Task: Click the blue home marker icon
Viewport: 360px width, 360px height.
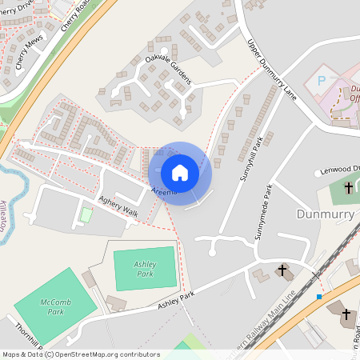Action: (179, 172)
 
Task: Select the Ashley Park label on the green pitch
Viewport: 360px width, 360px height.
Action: (144, 268)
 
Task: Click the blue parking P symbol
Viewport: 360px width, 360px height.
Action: (322, 81)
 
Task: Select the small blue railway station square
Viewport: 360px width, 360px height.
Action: (319, 297)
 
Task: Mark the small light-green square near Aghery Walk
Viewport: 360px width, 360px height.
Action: (86, 215)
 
